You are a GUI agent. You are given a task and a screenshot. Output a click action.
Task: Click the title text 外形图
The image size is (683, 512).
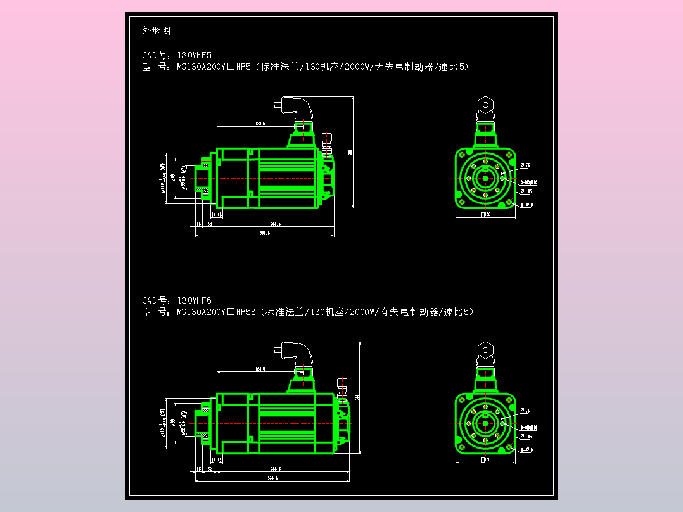[156, 30]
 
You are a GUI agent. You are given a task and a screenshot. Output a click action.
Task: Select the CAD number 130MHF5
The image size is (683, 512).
[194, 55]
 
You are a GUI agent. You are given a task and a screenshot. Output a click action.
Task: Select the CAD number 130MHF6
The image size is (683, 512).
[194, 300]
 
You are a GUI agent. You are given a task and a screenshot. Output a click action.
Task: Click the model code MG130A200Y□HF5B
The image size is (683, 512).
[215, 312]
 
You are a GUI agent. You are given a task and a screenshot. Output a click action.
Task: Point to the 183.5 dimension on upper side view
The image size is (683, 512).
[260, 123]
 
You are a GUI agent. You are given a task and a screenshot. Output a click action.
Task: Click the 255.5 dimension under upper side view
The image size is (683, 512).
[276, 224]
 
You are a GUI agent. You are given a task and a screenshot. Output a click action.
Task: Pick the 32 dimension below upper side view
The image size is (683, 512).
[210, 224]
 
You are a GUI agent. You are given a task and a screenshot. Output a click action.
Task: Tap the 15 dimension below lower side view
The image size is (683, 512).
[199, 469]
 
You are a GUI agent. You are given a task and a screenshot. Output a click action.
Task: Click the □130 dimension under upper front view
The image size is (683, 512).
[486, 215]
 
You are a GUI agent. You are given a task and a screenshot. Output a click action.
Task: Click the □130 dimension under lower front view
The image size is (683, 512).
[486, 459]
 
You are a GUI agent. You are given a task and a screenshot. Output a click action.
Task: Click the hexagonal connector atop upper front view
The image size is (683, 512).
[485, 104]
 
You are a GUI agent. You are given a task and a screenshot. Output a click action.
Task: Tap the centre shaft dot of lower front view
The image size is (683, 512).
[485, 423]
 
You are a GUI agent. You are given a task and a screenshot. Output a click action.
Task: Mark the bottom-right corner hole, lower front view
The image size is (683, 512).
[509, 447]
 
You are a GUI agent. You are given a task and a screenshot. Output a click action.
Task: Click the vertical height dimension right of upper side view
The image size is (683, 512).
[350, 152]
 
